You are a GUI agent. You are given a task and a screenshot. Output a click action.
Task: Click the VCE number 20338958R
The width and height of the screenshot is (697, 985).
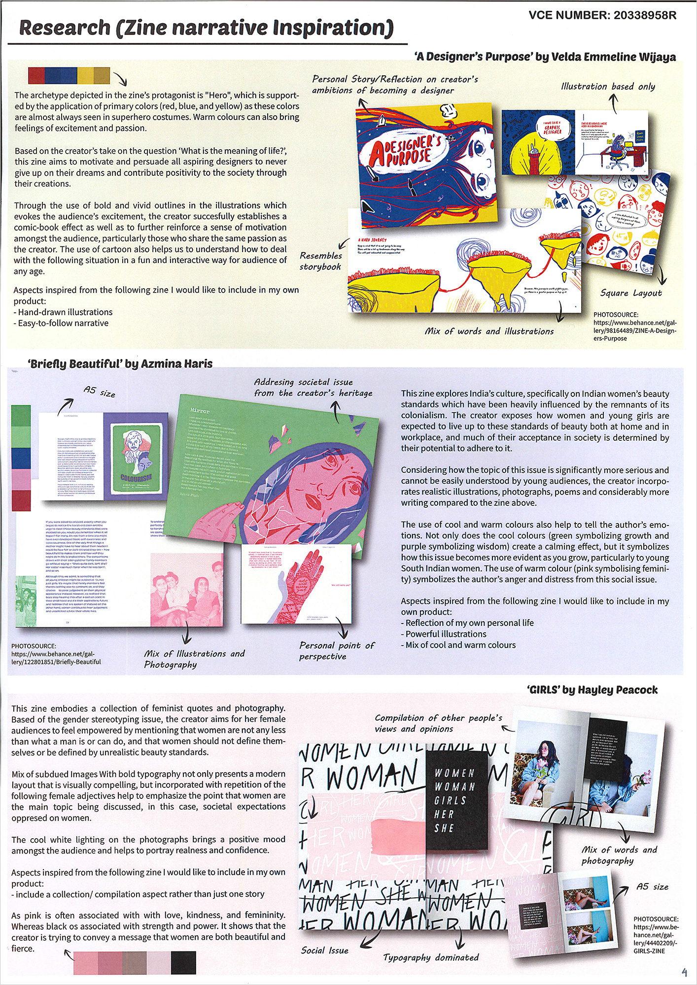pos(602,15)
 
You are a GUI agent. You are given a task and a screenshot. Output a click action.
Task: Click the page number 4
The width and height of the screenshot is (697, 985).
pos(684,972)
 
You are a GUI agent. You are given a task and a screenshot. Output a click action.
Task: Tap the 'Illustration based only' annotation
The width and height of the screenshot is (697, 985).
pos(608,87)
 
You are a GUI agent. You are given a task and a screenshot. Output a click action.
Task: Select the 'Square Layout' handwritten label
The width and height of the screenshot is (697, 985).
pos(631,293)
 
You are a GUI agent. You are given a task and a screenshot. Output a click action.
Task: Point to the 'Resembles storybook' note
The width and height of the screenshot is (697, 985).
pos(321,261)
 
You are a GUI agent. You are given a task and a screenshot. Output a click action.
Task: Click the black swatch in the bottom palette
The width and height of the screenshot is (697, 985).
pos(183,963)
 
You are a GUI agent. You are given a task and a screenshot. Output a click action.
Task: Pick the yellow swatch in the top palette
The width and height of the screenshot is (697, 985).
pos(85,75)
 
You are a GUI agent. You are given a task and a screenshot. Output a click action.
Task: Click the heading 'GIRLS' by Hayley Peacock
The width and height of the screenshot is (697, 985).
pos(592,690)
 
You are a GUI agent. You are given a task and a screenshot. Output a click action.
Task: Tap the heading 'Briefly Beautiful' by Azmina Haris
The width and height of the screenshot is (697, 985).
pos(120,364)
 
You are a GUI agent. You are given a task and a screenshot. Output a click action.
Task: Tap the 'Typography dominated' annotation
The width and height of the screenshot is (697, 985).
pos(431,957)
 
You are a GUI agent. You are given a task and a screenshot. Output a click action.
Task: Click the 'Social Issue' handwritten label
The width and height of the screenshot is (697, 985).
pos(324,951)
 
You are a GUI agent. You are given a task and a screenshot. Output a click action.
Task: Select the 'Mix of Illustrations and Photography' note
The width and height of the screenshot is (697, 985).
pos(194,659)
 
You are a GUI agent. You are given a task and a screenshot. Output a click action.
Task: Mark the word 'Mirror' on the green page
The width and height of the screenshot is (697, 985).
pos(200,411)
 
